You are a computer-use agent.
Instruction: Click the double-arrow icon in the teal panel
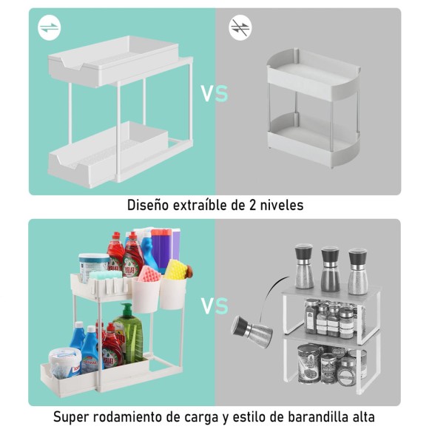pyautogui.click(x=49, y=28)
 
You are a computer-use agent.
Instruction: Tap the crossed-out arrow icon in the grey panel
pyautogui.click(x=240, y=28)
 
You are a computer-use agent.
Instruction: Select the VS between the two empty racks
pyautogui.click(x=215, y=94)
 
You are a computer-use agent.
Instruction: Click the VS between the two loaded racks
pyautogui.click(x=215, y=306)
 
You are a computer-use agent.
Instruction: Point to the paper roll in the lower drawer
pyautogui.click(x=66, y=363)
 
